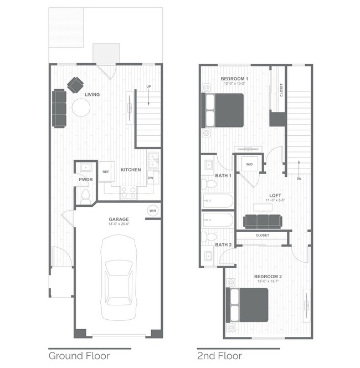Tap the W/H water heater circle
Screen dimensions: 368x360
pos(152,211)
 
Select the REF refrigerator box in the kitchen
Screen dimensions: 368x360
pos(106,172)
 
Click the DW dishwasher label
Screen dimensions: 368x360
pos(151,178)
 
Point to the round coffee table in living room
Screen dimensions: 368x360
pos(81,109)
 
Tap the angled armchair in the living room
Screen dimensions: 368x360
pos(75,84)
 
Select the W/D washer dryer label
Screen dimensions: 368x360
pos(249,165)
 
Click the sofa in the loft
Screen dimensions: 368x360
pos(263,221)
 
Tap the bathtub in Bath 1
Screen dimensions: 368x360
pos(218,201)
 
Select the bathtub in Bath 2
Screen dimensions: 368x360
pos(218,220)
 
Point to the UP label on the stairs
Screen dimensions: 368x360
pos(148,87)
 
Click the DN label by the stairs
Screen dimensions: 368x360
pos(299,179)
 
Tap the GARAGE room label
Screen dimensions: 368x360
pos(119,219)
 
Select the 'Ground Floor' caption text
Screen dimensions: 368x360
pos(79,355)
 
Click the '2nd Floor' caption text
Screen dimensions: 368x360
pos(220,355)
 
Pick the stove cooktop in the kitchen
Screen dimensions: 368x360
pos(128,192)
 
